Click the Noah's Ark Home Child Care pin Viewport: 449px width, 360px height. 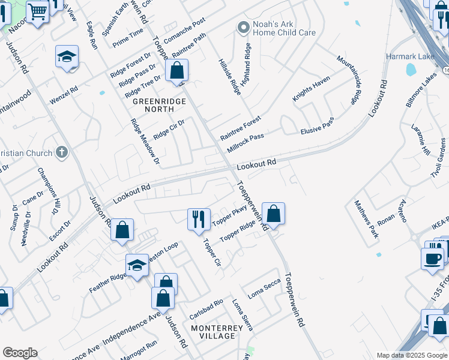coord(243,27)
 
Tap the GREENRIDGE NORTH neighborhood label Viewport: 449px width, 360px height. coord(159,106)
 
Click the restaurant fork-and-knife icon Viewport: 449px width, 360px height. coord(199,219)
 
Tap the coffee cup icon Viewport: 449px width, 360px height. coord(432,259)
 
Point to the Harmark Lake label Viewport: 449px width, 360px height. coord(409,56)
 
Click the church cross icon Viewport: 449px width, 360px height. coord(61,152)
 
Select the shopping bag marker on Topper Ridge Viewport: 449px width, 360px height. coord(273,214)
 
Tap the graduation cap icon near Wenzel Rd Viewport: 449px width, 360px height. coord(67,57)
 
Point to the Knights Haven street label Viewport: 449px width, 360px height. coord(312,88)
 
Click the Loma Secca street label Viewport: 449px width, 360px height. coord(264,287)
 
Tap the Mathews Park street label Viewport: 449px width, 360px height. coord(366,219)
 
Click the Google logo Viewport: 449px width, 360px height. coord(20,353)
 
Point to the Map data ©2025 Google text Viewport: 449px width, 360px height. coord(411,355)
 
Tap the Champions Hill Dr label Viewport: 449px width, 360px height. coord(49,190)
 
